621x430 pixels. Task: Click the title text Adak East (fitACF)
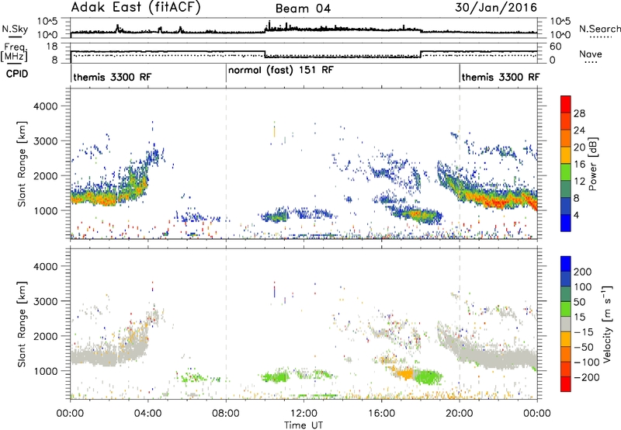pyautogui.click(x=136, y=8)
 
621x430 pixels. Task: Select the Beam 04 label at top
pyautogui.click(x=303, y=9)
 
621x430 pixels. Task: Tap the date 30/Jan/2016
pyautogui.click(x=496, y=8)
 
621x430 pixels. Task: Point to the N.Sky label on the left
pyautogui.click(x=15, y=29)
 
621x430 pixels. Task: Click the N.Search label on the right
pyautogui.click(x=600, y=29)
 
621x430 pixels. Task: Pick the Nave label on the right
pyautogui.click(x=591, y=54)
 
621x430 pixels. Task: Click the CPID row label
pyautogui.click(x=17, y=74)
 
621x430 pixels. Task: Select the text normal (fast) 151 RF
pyautogui.click(x=281, y=71)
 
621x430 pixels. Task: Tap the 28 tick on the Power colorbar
pyautogui.click(x=579, y=113)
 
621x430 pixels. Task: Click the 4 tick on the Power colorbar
pyautogui.click(x=576, y=216)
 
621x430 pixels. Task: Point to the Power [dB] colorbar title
pyautogui.click(x=592, y=164)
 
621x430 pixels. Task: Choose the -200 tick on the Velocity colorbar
pyautogui.click(x=587, y=377)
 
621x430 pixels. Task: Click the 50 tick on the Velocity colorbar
pyautogui.click(x=580, y=302)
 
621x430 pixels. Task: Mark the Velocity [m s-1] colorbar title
pyautogui.click(x=607, y=324)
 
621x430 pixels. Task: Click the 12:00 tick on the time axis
pyautogui.click(x=304, y=414)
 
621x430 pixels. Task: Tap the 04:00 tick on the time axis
pyautogui.click(x=147, y=414)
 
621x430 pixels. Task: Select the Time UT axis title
pyautogui.click(x=304, y=425)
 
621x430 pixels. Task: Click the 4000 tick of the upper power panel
pyautogui.click(x=46, y=106)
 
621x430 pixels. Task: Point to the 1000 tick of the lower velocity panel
pyautogui.click(x=46, y=371)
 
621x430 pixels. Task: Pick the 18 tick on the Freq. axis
pyautogui.click(x=52, y=47)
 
